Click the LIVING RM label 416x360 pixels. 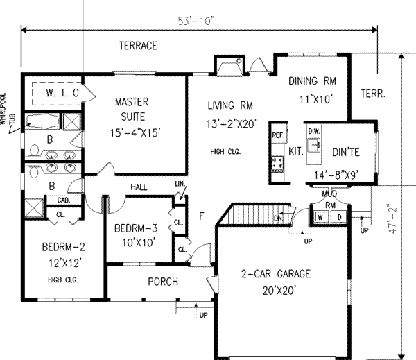(x=229, y=105)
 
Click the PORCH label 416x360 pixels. (x=164, y=282)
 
